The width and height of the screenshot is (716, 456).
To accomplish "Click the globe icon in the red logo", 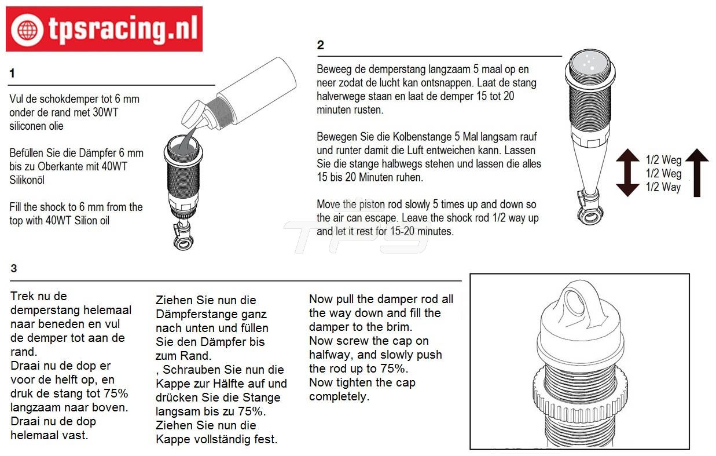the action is (x=27, y=30).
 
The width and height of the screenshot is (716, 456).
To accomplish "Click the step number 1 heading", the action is (x=12, y=74).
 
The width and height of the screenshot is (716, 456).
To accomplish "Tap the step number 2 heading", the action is (x=320, y=45).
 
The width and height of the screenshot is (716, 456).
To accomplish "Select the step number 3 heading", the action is (x=13, y=268).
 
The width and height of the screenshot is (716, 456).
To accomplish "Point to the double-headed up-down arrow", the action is (x=627, y=173).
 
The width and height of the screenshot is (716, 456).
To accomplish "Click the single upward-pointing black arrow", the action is (x=697, y=173).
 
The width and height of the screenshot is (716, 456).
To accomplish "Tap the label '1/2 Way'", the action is (x=663, y=187).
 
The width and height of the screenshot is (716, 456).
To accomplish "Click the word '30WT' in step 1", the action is (x=105, y=112).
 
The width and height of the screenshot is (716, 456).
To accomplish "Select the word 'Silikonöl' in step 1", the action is (x=27, y=180).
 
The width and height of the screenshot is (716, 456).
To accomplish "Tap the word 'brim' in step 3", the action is (x=398, y=327).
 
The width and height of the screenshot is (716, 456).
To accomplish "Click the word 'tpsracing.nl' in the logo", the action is (x=123, y=29).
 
